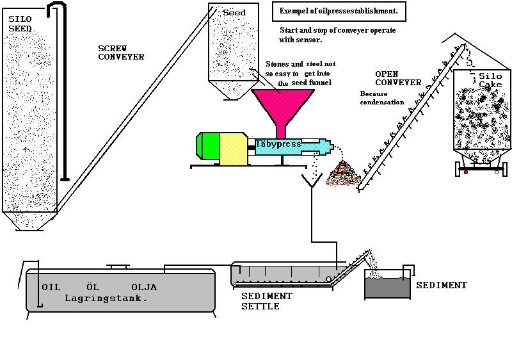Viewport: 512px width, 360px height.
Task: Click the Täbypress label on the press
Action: [278, 145]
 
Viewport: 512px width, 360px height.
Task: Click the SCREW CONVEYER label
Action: [122, 53]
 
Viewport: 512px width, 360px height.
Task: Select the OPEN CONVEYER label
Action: [398, 78]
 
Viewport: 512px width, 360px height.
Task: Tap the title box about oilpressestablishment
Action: [339, 11]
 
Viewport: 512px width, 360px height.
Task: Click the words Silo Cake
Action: [491, 80]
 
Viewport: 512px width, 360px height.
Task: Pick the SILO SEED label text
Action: [20, 24]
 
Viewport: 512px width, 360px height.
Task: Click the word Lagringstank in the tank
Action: [106, 298]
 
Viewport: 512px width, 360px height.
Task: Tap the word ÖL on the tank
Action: [93, 286]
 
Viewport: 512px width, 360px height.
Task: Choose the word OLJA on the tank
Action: [144, 286]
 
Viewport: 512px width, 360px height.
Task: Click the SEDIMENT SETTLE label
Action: [266, 301]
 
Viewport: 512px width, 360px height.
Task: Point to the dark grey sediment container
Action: [387, 288]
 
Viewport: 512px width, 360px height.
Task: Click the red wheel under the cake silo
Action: [466, 172]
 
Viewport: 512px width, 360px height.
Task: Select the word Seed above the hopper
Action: [234, 13]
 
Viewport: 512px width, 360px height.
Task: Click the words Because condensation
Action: [382, 97]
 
